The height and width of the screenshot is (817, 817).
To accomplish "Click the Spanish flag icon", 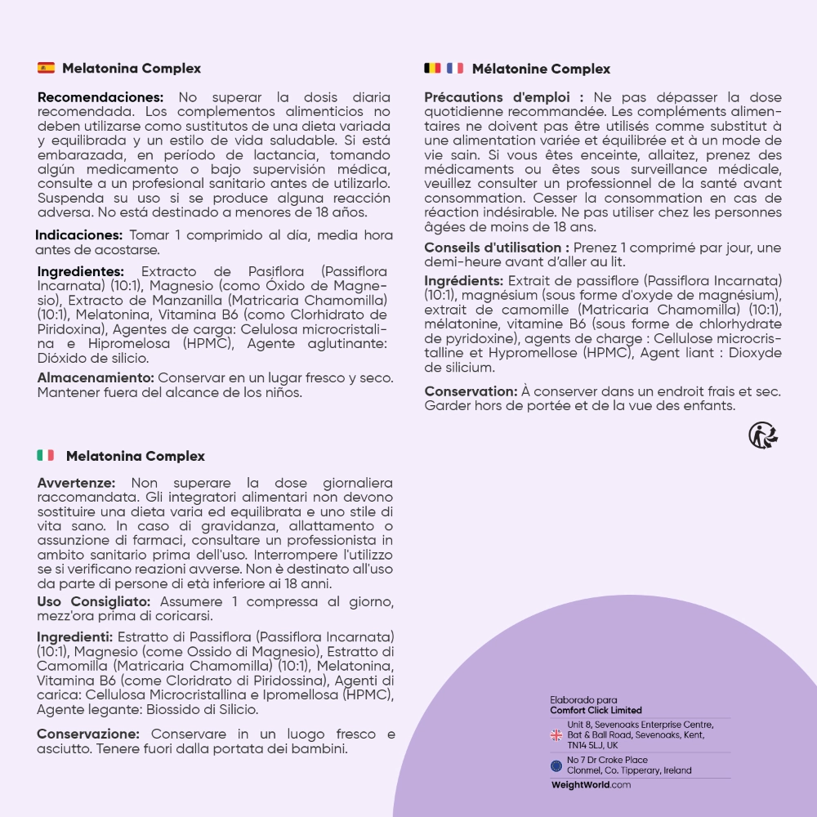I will [47, 68].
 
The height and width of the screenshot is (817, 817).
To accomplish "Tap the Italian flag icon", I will [46, 455].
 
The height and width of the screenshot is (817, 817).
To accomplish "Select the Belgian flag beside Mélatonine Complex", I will [432, 68].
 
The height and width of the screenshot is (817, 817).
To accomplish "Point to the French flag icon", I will [454, 68].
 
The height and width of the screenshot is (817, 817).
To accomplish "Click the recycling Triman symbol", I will [763, 435].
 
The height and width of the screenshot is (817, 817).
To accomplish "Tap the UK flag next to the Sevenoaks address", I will [556, 735].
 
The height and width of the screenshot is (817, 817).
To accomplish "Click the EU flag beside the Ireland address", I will [556, 766].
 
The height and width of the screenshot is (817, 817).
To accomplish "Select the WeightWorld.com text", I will [591, 784].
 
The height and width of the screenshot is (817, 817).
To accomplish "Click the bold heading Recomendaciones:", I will [100, 96].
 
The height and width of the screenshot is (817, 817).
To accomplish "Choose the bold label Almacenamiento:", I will [96, 377].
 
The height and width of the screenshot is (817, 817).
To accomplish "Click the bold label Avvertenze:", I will [76, 483].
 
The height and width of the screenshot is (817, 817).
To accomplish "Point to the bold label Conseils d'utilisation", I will [497, 247].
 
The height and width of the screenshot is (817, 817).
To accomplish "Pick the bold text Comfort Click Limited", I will [596, 710].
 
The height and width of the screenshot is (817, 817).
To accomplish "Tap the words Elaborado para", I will [583, 699].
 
